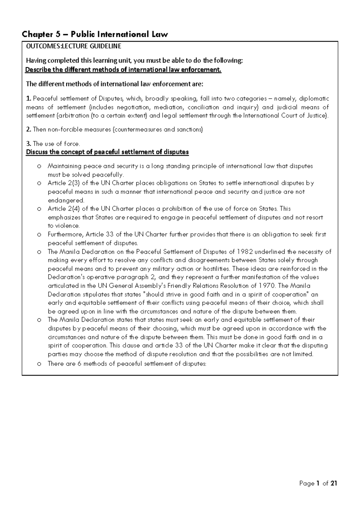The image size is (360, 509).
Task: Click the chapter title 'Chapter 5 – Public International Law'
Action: pos(94,35)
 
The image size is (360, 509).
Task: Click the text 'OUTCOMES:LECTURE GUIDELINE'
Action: pos(74,46)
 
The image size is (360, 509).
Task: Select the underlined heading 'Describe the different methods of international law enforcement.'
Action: pos(123,70)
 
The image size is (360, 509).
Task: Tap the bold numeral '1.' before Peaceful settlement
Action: pos(28,98)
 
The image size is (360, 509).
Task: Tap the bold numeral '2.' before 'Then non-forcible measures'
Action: pos(28,130)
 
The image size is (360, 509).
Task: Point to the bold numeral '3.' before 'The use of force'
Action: pos(28,144)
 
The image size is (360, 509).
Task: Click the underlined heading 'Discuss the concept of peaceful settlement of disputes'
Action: pos(107,152)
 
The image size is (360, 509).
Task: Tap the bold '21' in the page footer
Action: pos(334,483)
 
